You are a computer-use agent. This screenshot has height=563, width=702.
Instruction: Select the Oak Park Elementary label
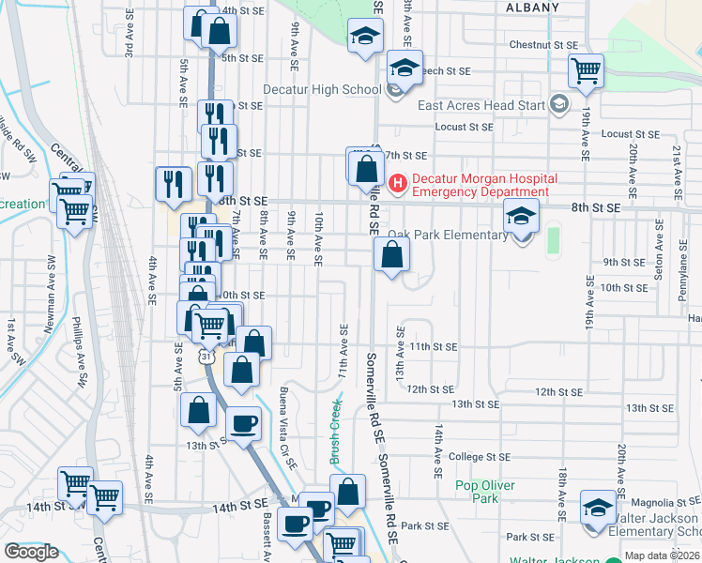(448, 235)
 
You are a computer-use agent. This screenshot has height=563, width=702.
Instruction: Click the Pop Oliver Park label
(478, 492)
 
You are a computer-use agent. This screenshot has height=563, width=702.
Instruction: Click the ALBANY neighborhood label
(532, 8)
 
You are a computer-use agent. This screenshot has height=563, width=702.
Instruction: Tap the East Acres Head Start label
(481, 105)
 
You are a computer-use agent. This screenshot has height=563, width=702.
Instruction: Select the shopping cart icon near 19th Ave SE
(587, 69)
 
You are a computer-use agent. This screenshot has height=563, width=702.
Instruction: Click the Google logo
(31, 552)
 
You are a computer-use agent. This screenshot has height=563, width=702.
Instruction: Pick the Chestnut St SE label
(542, 45)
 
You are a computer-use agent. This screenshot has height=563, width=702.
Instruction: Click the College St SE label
(479, 457)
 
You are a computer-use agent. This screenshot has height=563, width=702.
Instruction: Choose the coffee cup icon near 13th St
(244, 423)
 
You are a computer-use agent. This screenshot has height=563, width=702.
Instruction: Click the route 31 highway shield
(206, 356)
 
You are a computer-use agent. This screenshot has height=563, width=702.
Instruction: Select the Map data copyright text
(662, 555)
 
